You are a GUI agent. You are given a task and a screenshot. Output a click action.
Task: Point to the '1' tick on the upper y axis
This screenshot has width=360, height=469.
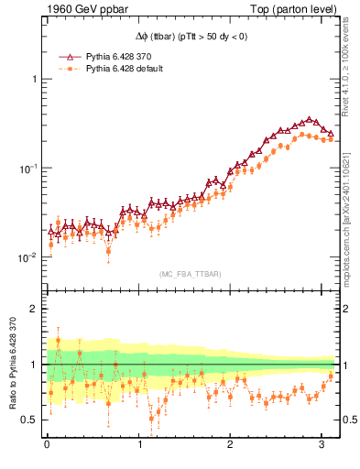[x=36, y=80]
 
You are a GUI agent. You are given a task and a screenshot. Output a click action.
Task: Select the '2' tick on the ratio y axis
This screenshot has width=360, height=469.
[x=36, y=309]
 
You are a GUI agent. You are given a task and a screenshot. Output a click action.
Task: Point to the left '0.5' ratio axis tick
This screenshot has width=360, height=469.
[x=31, y=420]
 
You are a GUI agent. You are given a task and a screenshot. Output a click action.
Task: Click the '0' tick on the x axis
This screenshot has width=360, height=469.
[x=47, y=445]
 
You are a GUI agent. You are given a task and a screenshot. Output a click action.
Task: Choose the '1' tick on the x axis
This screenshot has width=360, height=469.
[x=139, y=445]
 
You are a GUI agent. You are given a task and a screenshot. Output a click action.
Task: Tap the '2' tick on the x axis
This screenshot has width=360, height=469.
[x=231, y=445]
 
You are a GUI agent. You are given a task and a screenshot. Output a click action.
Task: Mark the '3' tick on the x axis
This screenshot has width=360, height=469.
[x=322, y=445]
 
